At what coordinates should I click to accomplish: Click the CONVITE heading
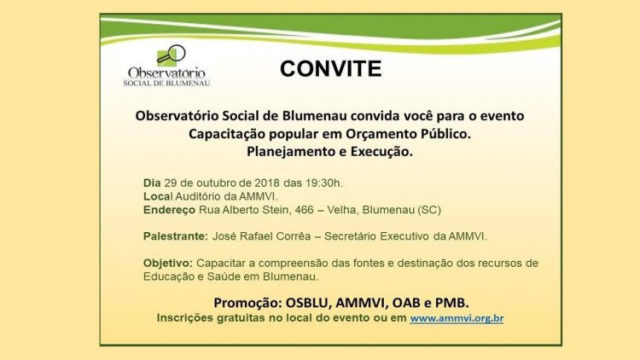pyautogui.click(x=330, y=68)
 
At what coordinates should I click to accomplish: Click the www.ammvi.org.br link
pyautogui.click(x=457, y=318)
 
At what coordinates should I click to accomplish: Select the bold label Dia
pyautogui.click(x=152, y=183)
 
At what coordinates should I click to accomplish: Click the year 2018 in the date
pyautogui.click(x=267, y=183)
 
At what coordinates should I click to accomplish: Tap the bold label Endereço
pyautogui.click(x=170, y=210)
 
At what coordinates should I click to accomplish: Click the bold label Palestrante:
pyautogui.click(x=176, y=236)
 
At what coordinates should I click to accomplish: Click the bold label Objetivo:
pyautogui.click(x=168, y=264)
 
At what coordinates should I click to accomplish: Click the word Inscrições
pyautogui.click(x=185, y=318)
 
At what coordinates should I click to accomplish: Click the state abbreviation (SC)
pyautogui.click(x=429, y=210)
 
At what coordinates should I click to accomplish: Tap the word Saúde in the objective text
pyautogui.click(x=224, y=276)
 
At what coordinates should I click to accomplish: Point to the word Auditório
pyautogui.click(x=198, y=197)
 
